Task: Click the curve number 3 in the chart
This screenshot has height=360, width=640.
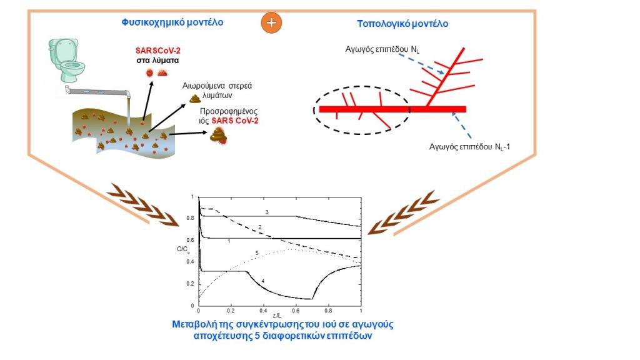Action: point(267,212)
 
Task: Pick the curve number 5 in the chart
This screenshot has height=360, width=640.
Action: point(257,253)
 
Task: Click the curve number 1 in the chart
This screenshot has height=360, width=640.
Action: point(229,241)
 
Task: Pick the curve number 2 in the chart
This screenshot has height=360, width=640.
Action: point(258,226)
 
